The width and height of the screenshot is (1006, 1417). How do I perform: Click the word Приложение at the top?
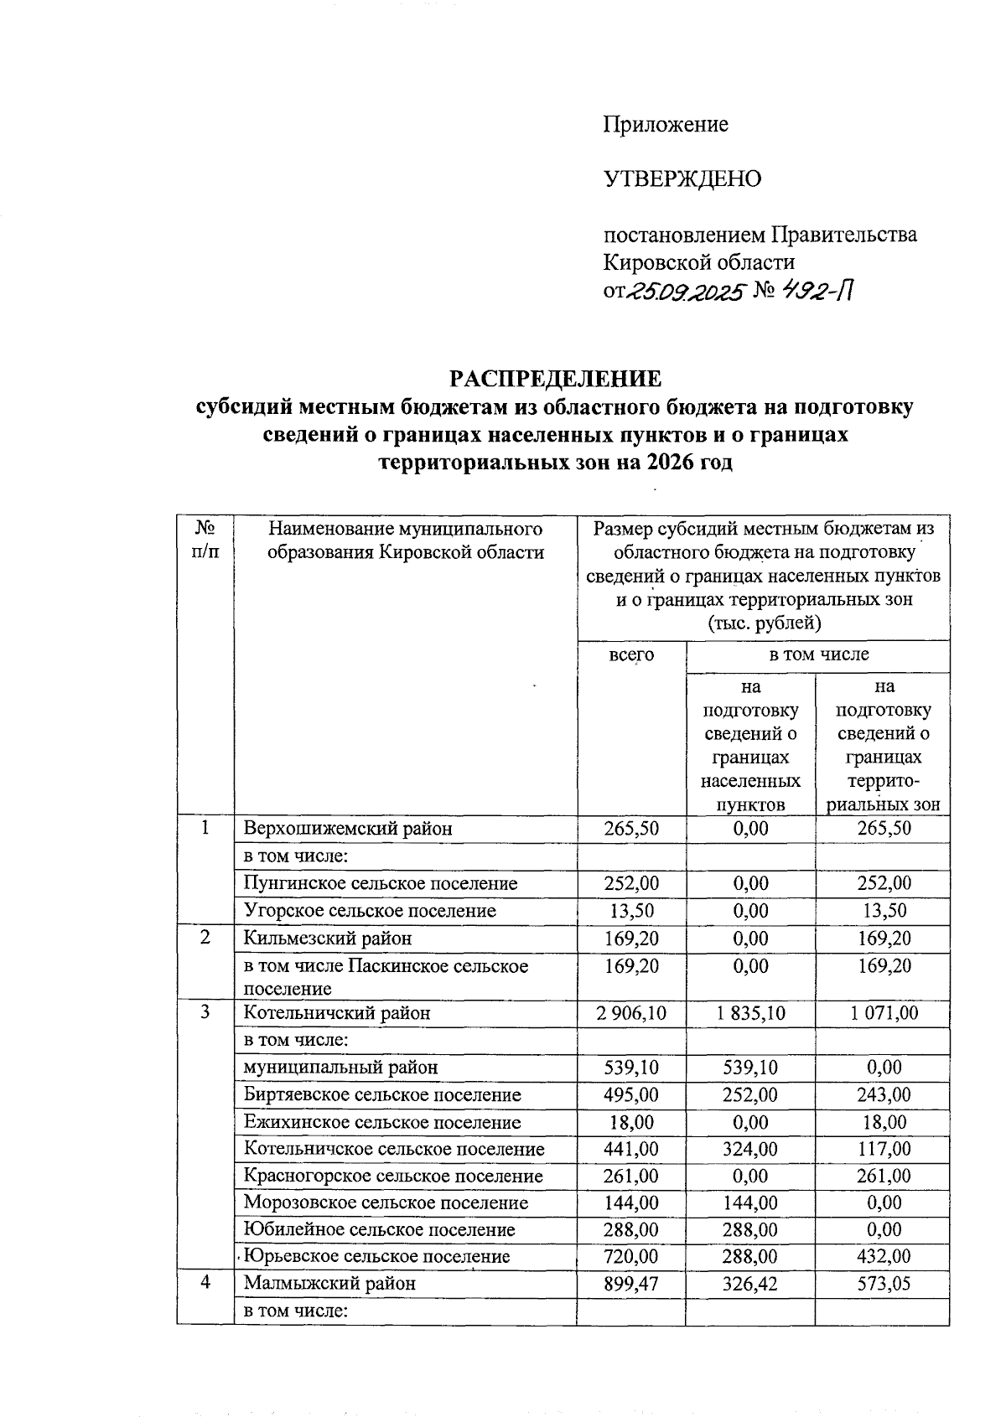point(666,125)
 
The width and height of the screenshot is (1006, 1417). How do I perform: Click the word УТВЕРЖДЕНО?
point(682,178)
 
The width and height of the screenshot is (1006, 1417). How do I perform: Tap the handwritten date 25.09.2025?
point(687,292)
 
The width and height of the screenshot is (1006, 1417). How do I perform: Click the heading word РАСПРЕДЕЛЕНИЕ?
point(555,379)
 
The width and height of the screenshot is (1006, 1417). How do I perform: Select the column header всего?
point(631,654)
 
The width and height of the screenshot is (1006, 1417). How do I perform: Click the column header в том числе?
point(818,654)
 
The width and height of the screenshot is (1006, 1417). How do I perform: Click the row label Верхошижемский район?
point(348,829)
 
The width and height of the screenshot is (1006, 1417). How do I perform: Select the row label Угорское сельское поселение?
point(370,910)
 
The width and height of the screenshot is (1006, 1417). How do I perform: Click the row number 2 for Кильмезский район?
point(205,938)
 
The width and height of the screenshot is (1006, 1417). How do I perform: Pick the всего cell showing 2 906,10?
point(631,1013)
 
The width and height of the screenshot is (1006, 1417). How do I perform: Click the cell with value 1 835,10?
point(750,1013)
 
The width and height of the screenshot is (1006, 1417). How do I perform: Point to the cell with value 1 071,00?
point(883,1013)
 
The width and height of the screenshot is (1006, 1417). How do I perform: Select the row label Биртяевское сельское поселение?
point(382,1094)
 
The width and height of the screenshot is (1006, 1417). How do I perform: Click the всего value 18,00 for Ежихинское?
point(631,1122)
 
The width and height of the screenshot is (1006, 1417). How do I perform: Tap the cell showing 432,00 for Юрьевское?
point(883,1256)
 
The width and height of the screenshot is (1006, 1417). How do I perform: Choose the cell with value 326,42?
point(750,1283)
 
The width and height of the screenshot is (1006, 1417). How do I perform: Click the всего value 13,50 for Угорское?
point(631,910)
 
